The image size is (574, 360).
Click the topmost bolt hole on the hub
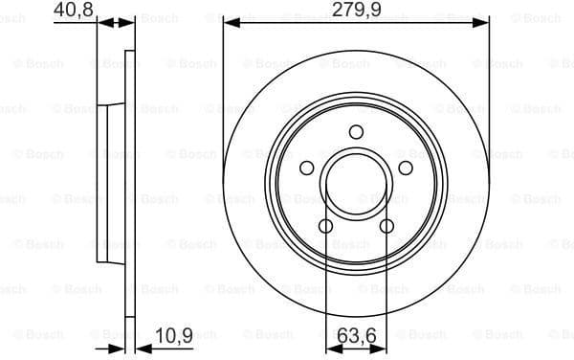356,132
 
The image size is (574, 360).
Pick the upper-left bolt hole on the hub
306,169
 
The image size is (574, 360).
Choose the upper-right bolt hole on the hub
406,169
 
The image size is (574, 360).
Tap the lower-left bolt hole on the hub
325,227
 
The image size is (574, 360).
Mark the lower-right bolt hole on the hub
386,227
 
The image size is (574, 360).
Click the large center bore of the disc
356,184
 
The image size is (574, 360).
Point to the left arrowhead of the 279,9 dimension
229,22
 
